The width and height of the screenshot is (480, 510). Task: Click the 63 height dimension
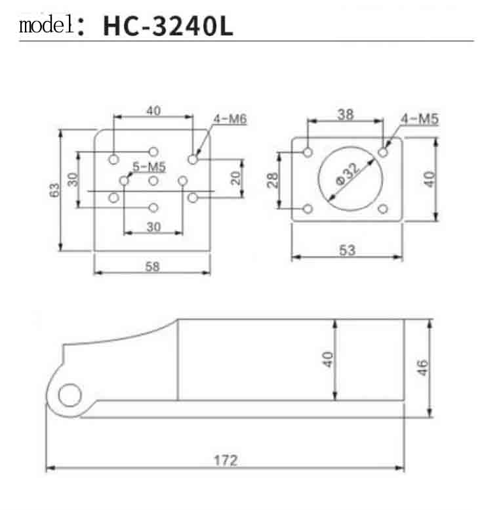(x=55, y=190)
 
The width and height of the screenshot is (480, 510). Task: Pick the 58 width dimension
(x=152, y=266)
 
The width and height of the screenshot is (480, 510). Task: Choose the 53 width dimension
(x=347, y=250)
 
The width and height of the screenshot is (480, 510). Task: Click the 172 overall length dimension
(x=226, y=460)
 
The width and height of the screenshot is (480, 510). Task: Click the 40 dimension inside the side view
(x=329, y=360)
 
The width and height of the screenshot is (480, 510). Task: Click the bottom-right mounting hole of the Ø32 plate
(x=384, y=209)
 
